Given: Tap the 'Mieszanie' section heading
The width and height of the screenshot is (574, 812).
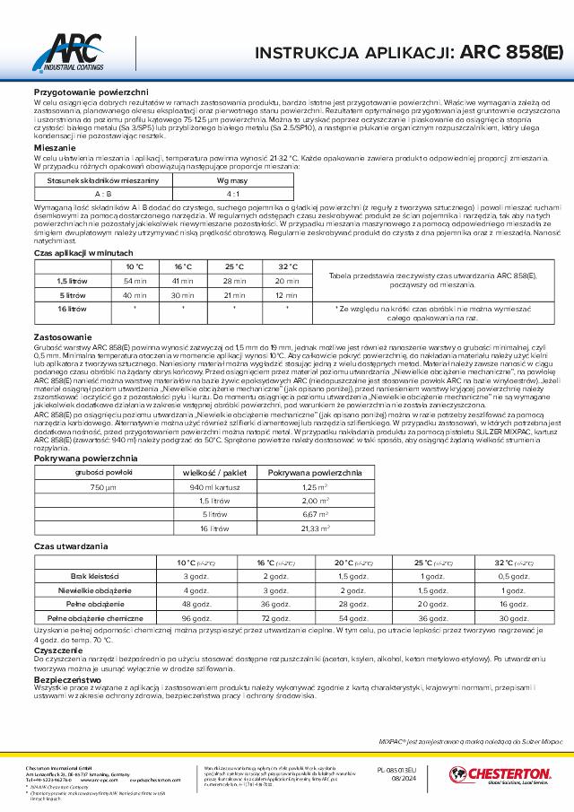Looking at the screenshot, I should coord(54,147).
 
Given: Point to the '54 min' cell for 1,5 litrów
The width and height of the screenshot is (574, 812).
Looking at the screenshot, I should coord(135,281).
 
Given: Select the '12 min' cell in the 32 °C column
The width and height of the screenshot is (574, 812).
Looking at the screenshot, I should coord(287,294).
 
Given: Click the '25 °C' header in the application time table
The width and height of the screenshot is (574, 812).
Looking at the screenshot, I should coord(236,266).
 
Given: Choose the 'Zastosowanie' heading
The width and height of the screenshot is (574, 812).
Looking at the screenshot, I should coord(59,335).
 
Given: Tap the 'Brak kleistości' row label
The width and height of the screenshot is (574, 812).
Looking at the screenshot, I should coord(103,576).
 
